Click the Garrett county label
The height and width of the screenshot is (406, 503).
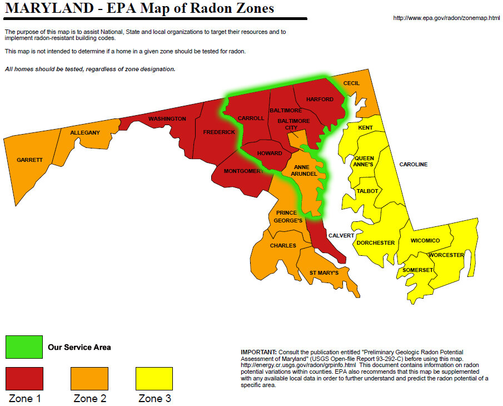click(x=29, y=160)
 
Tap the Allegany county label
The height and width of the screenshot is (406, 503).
click(x=85, y=132)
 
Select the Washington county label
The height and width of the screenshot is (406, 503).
click(x=167, y=119)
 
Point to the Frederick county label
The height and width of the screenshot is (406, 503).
click(x=219, y=132)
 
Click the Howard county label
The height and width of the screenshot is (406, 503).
click(x=269, y=154)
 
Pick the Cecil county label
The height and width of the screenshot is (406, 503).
click(x=351, y=83)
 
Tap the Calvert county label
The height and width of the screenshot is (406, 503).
click(x=341, y=235)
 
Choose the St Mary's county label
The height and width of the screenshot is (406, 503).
click(x=324, y=273)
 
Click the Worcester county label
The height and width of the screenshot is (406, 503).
click(x=446, y=255)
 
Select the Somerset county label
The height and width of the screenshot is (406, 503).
click(x=417, y=270)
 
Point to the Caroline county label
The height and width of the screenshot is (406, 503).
click(x=414, y=165)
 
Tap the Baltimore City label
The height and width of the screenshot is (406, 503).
click(x=293, y=124)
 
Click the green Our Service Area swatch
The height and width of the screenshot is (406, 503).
click(x=24, y=347)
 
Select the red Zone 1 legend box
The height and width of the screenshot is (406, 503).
click(x=24, y=379)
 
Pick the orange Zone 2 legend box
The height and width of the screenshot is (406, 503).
click(x=89, y=379)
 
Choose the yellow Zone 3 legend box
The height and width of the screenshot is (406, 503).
click(x=154, y=379)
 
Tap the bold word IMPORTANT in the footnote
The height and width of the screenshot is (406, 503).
click(x=258, y=352)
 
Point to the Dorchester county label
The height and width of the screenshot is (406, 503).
click(x=376, y=242)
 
